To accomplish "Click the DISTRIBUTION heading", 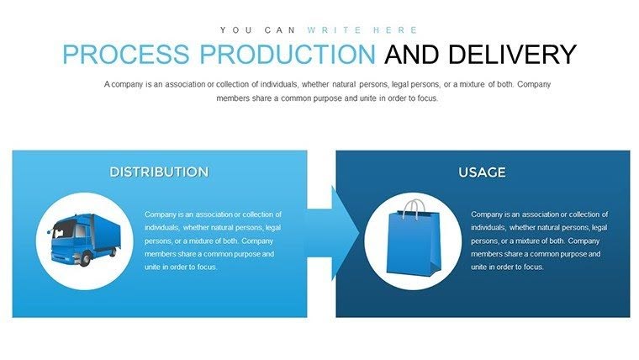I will pyautogui.click(x=159, y=172).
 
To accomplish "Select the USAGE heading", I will pyautogui.click(x=482, y=172).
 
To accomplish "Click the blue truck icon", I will pyautogui.click(x=84, y=240).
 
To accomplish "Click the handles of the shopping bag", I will pyautogui.click(x=413, y=209).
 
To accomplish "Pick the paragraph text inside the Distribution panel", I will pyautogui.click(x=213, y=241).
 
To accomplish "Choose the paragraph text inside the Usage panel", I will pyautogui.click(x=539, y=241).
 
